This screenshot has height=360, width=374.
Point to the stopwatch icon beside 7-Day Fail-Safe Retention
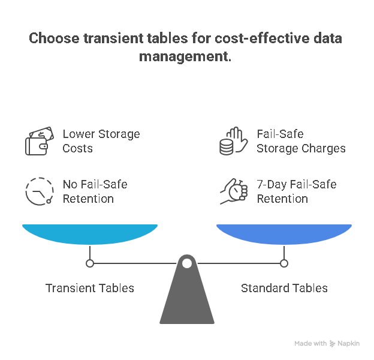coord(233,191)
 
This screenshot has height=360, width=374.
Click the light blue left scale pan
coord(90,233)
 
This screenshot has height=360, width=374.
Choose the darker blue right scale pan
coord(284,233)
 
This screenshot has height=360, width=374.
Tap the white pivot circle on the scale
coord(187,263)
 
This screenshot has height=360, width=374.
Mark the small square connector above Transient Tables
coord(90,263)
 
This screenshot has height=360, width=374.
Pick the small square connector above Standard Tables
coord(284,263)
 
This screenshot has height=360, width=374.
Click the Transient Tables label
coord(90,289)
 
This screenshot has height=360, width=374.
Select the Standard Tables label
coord(284,289)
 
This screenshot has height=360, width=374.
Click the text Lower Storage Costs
coord(101,141)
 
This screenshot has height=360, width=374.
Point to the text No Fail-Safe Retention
coord(95,191)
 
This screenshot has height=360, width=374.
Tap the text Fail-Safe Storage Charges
coord(301,141)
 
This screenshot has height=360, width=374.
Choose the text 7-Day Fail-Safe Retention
coord(296,191)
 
